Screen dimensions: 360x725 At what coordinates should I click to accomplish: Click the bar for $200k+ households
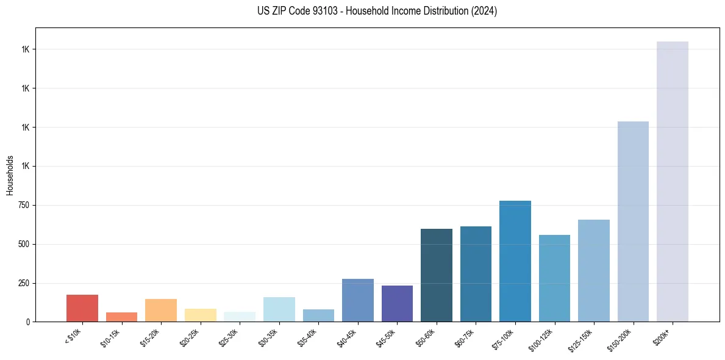click(x=672, y=181)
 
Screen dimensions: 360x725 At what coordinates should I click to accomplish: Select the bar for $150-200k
click(x=633, y=221)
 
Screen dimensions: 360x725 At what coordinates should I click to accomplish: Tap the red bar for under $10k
click(x=82, y=308)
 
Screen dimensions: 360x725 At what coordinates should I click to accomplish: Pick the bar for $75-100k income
click(x=515, y=261)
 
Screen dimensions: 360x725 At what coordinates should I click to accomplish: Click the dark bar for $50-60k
click(x=437, y=275)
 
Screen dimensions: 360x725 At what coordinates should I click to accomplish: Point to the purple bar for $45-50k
click(x=397, y=303)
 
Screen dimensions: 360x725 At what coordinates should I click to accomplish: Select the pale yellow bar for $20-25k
click(x=201, y=315)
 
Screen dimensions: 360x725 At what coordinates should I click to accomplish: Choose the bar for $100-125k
click(x=554, y=278)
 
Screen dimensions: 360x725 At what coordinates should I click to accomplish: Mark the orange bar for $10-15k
click(x=121, y=317)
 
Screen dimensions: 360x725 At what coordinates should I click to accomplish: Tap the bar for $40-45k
click(x=358, y=300)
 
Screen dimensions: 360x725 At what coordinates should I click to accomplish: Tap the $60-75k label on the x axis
click(x=465, y=337)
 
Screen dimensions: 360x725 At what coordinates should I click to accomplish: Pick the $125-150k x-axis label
click(x=580, y=339)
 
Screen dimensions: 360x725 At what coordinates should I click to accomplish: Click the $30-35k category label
click(x=268, y=337)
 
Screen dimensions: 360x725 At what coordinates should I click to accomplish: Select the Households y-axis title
click(x=10, y=175)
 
